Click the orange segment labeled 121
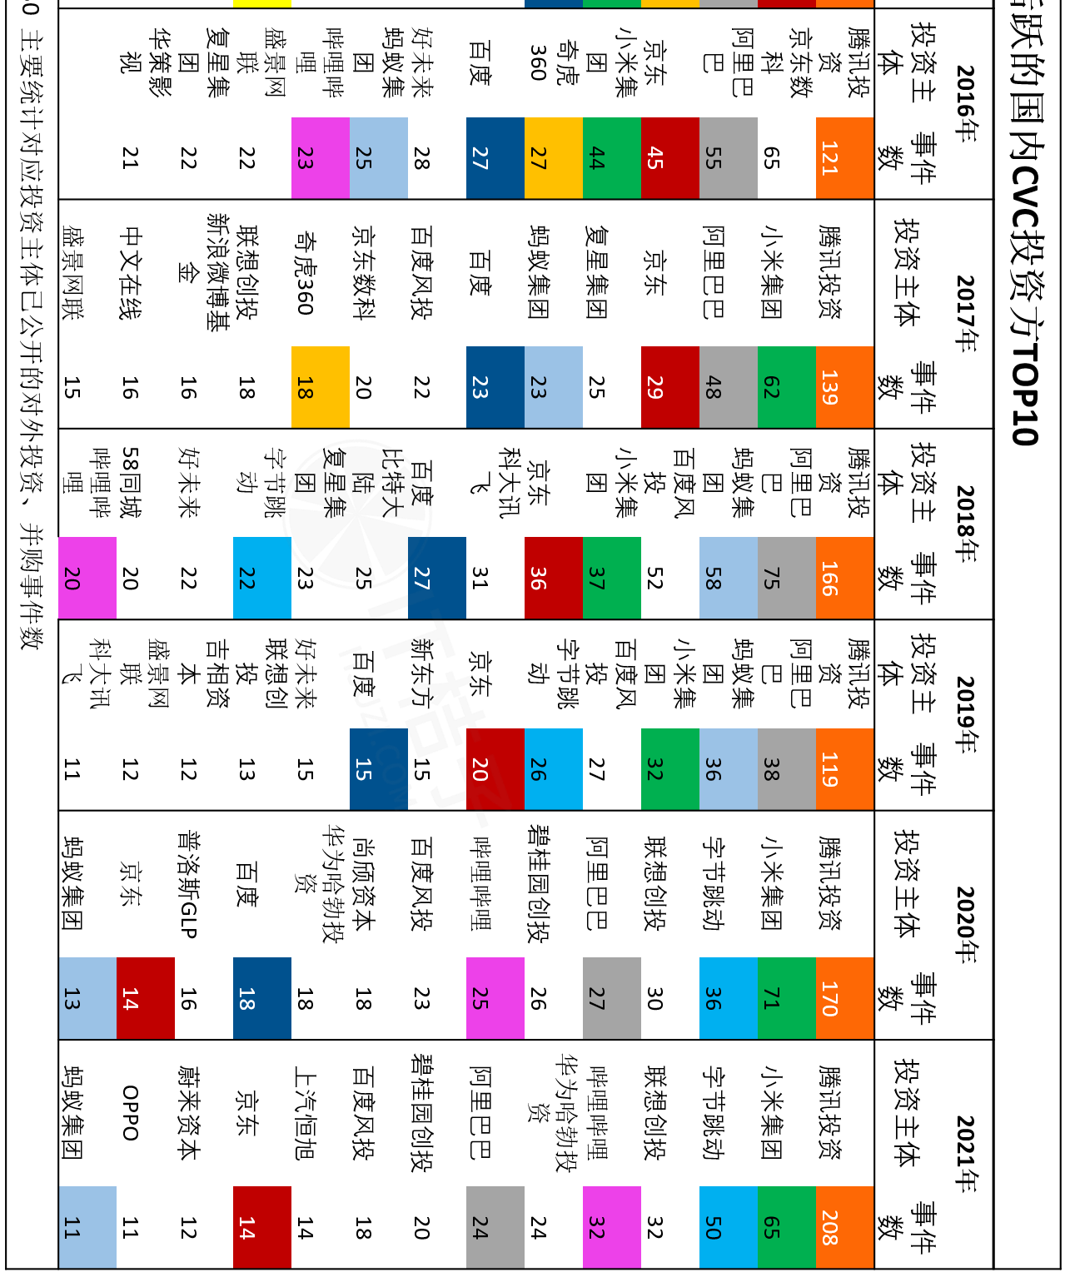[x=844, y=158]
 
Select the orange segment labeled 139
[x=844, y=387]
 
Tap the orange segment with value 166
[x=844, y=578]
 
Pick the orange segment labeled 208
[x=844, y=1227]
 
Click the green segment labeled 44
[x=612, y=158]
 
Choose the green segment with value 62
[x=787, y=387]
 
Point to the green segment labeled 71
[x=787, y=998]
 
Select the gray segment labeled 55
[x=729, y=158]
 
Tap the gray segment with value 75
[x=787, y=578]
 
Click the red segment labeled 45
[x=670, y=158]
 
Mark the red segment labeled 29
[x=670, y=387]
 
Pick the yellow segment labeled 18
[x=321, y=387]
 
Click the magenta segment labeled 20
[x=87, y=578]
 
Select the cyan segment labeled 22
[x=262, y=578]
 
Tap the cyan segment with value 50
[x=729, y=1227]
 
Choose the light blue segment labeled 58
[x=729, y=578]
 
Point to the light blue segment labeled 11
[x=87, y=1227]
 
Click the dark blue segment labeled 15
[x=379, y=769]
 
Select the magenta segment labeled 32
[x=612, y=1227]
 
